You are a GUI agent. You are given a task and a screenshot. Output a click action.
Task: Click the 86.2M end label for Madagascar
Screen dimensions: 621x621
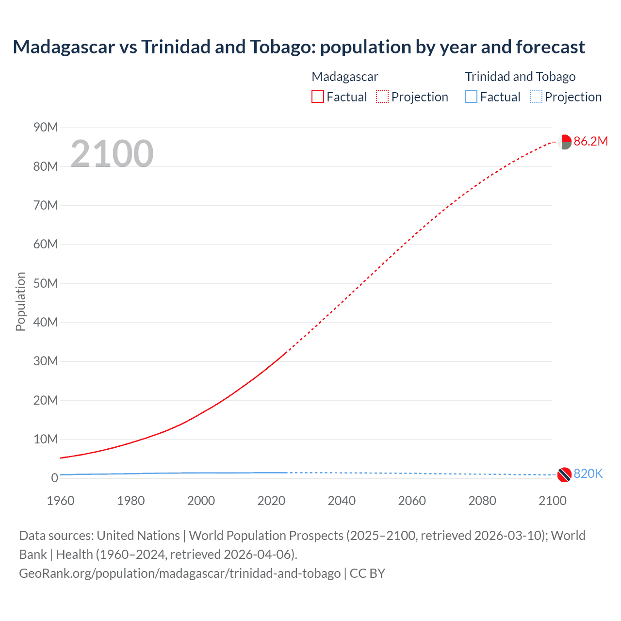coord(590,141)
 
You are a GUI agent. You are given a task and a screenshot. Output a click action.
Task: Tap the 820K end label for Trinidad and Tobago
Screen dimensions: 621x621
coord(588,474)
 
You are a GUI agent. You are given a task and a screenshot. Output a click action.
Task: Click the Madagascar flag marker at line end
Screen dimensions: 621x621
coord(564,142)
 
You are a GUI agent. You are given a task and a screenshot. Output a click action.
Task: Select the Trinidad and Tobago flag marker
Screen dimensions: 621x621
coord(564,474)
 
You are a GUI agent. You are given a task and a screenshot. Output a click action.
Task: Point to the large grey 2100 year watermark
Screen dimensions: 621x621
coord(112,154)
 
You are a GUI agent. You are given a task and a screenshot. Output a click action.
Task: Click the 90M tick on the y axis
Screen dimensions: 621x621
coord(46,127)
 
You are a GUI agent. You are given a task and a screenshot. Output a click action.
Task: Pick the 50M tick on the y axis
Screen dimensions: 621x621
coord(46,283)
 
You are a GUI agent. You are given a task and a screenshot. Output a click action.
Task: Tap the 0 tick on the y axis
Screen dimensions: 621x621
coord(54,478)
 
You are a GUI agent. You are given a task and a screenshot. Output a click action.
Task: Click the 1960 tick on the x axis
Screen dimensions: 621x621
coord(61,501)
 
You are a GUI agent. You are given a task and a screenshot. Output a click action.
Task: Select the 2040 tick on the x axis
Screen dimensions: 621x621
coord(342,501)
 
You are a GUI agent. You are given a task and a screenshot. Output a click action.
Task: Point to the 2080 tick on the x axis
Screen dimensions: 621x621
coord(482,501)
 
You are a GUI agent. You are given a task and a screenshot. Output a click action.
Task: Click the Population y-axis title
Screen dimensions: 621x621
coord(20,301)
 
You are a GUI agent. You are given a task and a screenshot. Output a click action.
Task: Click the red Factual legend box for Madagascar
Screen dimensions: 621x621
coord(318,97)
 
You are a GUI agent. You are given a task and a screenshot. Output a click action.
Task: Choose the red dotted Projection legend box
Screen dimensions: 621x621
coord(382,97)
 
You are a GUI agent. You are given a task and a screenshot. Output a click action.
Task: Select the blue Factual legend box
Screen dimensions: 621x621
coord(471,97)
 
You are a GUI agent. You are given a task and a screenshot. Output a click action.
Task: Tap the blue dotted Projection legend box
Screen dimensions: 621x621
coord(536,97)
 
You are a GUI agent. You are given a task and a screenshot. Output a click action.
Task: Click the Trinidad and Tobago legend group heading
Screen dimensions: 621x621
coord(520,77)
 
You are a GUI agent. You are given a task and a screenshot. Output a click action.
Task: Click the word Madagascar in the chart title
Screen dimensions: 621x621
coord(64,47)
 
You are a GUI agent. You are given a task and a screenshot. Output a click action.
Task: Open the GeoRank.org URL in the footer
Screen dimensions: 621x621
coord(180,573)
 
